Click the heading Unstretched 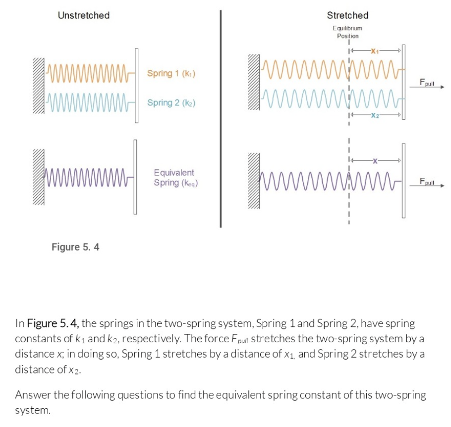(x=83, y=15)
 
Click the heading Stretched (x=347, y=15)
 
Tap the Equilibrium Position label (x=347, y=32)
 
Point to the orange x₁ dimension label (x=376, y=51)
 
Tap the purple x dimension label (x=376, y=160)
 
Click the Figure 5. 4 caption (x=75, y=247)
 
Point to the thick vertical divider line (x=220, y=119)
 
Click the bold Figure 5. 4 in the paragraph (x=53, y=324)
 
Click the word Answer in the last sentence (x=31, y=395)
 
